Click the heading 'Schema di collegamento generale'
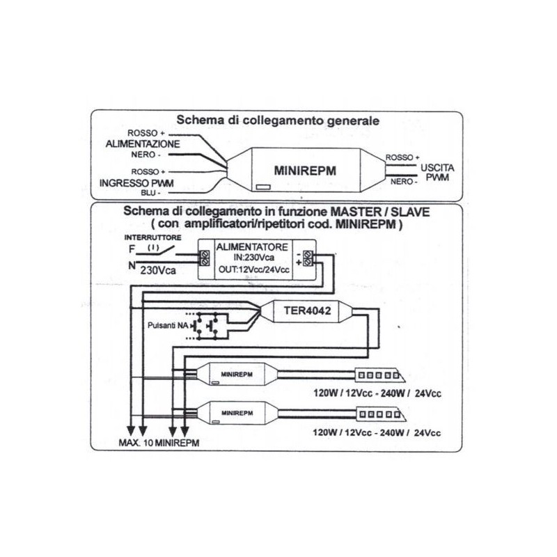(x=278, y=120)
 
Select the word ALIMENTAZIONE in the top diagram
(x=143, y=144)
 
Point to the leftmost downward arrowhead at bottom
(x=130, y=431)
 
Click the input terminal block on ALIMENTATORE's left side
(x=205, y=258)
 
